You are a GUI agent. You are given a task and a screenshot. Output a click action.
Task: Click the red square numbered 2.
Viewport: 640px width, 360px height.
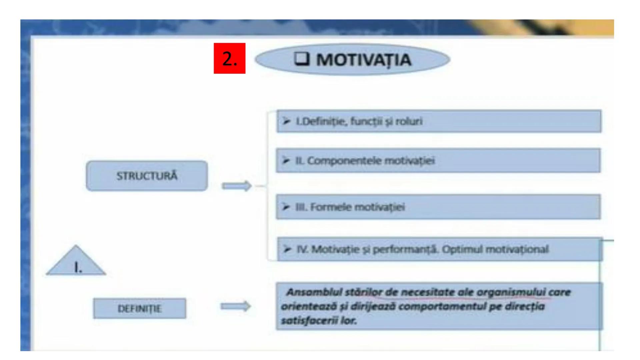click(x=229, y=58)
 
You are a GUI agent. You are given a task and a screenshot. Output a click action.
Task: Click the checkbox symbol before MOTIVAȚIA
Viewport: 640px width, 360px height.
click(x=302, y=59)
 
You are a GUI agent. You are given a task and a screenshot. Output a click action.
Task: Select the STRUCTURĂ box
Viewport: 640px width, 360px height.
click(x=147, y=176)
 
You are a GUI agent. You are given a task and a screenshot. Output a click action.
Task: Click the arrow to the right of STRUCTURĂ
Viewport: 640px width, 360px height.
click(x=236, y=186)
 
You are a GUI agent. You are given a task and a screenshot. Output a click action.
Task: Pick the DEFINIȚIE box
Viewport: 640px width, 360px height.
click(x=139, y=308)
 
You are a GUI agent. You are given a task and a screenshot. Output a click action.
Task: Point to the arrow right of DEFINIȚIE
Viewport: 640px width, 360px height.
click(x=235, y=306)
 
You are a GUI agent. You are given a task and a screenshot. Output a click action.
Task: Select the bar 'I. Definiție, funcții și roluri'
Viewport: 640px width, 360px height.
click(x=439, y=121)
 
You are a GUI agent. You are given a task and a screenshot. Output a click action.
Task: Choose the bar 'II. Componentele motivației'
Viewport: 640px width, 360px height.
click(x=438, y=161)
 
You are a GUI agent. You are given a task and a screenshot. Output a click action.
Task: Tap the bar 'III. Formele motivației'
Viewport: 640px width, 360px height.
click(x=438, y=207)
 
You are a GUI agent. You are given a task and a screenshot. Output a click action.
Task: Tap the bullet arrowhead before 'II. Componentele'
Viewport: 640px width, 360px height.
click(x=286, y=161)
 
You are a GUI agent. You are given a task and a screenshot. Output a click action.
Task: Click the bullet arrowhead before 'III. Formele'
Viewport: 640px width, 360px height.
click(x=286, y=207)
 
